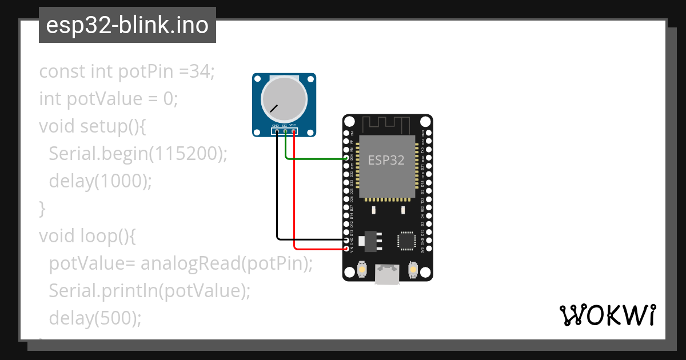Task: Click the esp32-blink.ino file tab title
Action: [x=127, y=25]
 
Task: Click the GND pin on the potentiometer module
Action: [x=277, y=131]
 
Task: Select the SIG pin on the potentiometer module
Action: [x=285, y=131]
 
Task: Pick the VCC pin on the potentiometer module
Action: [x=294, y=131]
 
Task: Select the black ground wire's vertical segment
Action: [x=277, y=189]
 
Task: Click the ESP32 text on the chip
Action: [x=386, y=160]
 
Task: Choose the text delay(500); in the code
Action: [x=95, y=318]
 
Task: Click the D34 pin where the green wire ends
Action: [x=346, y=158]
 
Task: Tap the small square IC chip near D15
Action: [x=407, y=240]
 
